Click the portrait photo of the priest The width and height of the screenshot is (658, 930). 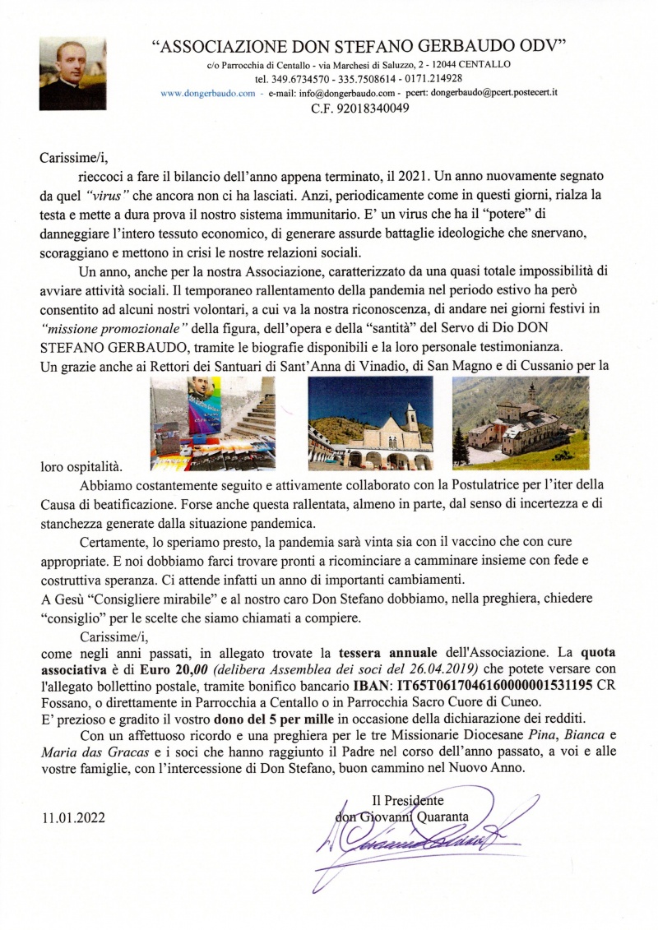[72, 73]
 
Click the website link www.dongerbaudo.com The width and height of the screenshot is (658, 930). [208, 93]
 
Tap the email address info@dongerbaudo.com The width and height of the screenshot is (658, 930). [359, 93]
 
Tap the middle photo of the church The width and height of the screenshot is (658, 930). [370, 423]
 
